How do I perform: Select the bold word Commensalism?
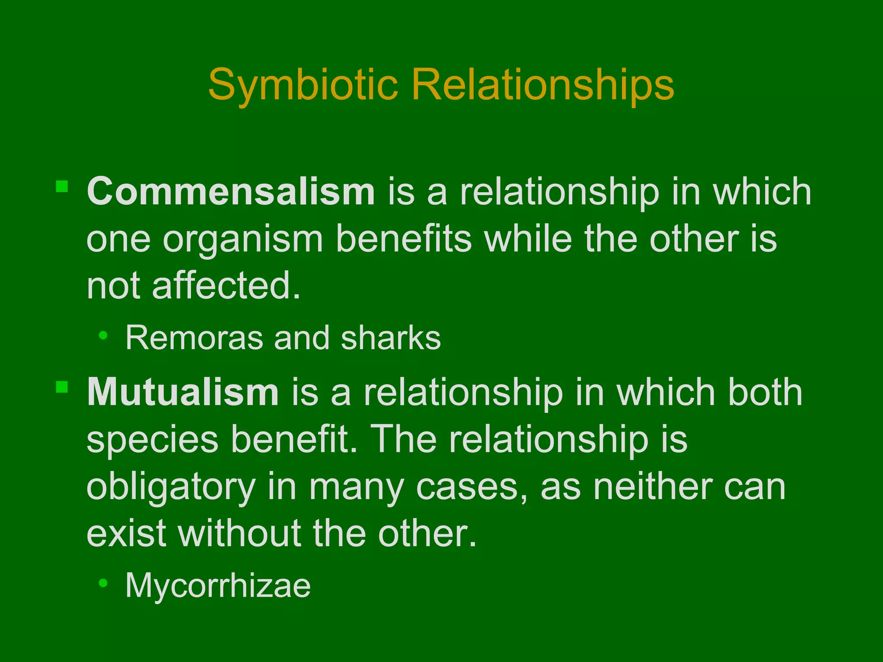(231, 191)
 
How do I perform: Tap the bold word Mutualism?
(183, 392)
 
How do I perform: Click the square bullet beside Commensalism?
(62, 186)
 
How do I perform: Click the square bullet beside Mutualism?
(62, 387)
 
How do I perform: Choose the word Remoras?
(194, 338)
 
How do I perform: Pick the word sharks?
(391, 338)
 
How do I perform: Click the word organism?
(243, 240)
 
